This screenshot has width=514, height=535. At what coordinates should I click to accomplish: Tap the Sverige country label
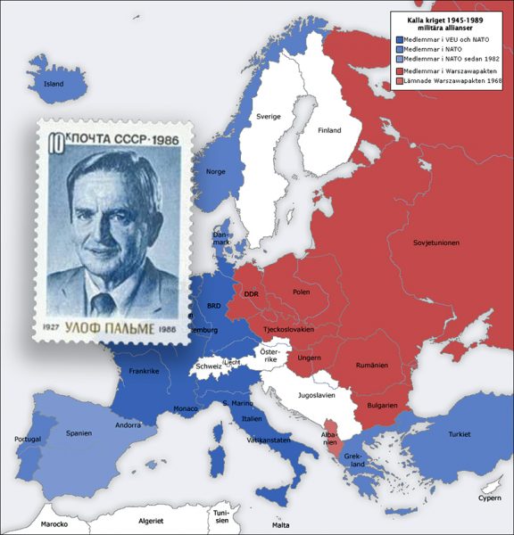[x=269, y=117]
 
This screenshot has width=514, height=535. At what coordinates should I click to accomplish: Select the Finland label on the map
[x=330, y=130]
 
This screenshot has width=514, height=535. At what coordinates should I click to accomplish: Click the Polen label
[x=301, y=292]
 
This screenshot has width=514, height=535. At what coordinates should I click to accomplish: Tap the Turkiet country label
[x=459, y=434]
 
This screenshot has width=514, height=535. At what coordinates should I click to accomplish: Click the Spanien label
[x=79, y=433]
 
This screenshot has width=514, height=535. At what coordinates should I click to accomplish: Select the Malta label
[x=282, y=526]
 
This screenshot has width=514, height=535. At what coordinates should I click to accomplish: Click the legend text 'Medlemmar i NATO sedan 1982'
[x=452, y=59]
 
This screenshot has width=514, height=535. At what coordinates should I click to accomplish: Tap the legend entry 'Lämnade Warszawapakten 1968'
[x=452, y=81]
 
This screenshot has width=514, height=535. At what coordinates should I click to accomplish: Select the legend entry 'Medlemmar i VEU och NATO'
[x=445, y=39]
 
